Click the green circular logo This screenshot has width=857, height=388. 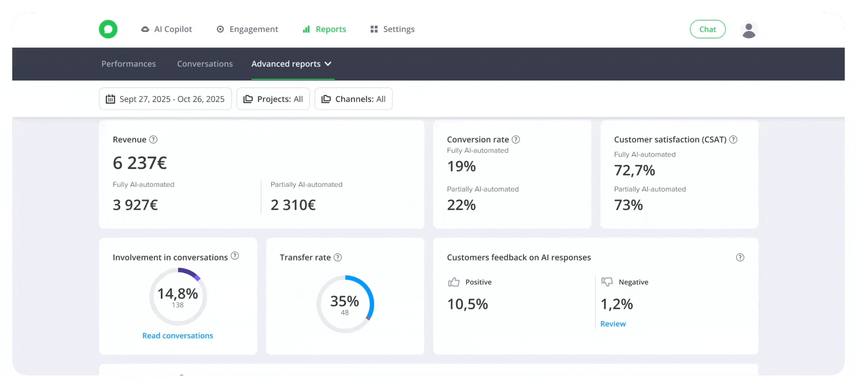coord(108,29)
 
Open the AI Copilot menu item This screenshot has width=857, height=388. coord(166,29)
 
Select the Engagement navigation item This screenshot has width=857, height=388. coord(247,29)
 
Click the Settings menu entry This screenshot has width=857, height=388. coord(393,29)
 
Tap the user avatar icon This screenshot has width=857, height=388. coord(749,30)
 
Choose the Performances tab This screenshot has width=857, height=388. coord(128,64)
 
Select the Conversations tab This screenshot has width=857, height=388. coord(205,64)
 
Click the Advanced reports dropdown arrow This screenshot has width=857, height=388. coord(328,64)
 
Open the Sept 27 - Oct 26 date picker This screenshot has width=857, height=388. coord(165,99)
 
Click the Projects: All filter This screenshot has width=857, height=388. coord(273,99)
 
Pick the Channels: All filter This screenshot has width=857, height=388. coord(353,99)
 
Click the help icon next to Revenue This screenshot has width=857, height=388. coord(153,139)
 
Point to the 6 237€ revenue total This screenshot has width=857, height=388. coord(140,163)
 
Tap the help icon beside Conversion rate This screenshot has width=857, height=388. coord(516,139)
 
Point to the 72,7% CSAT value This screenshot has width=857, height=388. coord(634,170)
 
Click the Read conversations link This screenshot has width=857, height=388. coord(178,336)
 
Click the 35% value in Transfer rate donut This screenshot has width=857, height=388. coord(344,301)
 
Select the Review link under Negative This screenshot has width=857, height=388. coord(613,324)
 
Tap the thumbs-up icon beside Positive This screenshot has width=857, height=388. coord(454,282)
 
